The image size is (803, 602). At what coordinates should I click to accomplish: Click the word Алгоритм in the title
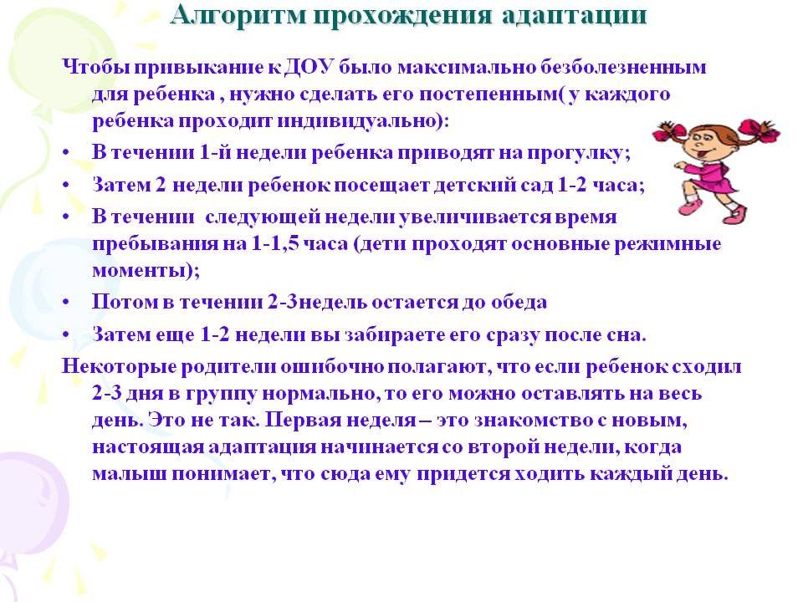tap(238, 15)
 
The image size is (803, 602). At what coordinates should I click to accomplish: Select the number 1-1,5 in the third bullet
tap(275, 243)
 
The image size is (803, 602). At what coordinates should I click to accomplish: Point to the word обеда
tap(519, 302)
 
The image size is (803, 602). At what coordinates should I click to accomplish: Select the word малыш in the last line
tap(129, 473)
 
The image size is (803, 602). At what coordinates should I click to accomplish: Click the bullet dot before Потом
tap(65, 303)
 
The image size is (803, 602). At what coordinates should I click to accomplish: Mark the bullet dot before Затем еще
tap(65, 335)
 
